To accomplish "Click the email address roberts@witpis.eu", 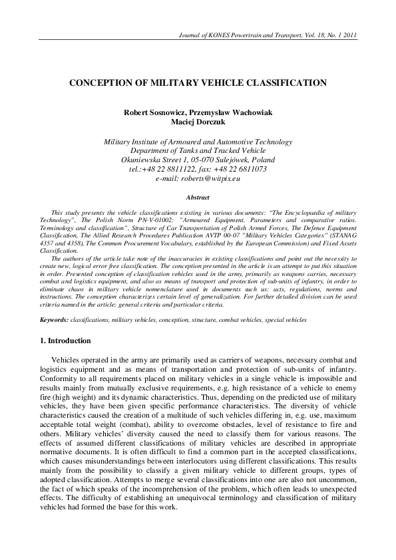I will [212, 179].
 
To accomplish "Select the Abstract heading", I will [198, 198].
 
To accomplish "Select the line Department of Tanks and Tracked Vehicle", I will [198, 151].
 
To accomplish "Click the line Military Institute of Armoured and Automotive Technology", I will [198, 142].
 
